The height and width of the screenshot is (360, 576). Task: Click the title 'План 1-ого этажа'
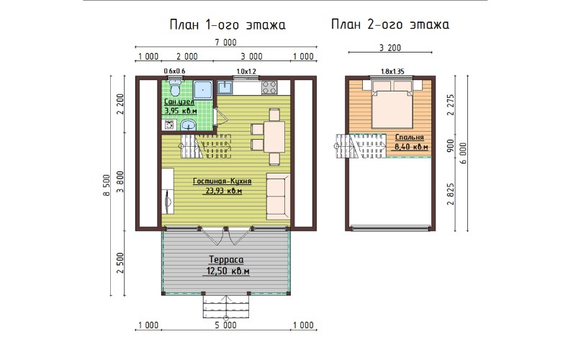[228, 25]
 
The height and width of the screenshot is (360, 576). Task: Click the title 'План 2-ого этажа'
[390, 24]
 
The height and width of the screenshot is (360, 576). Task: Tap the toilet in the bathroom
[175, 87]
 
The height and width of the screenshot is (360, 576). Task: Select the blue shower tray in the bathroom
[203, 90]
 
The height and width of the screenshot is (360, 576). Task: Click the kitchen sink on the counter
[225, 87]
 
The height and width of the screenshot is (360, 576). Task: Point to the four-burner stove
[269, 87]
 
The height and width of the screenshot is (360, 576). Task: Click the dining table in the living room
[274, 137]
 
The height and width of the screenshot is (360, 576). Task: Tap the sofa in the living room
[278, 196]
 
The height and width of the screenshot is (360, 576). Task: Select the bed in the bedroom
[392, 104]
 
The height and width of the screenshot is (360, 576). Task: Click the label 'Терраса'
[226, 260]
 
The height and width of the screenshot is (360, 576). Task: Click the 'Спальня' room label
[409, 138]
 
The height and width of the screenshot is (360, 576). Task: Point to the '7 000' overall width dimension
[225, 42]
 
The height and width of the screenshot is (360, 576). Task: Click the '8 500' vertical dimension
[107, 186]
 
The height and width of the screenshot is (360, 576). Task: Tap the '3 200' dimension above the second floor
[390, 48]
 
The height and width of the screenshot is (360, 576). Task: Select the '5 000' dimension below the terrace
[225, 325]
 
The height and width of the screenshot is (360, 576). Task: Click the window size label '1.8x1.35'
[392, 71]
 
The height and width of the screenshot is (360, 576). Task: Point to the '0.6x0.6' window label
[174, 71]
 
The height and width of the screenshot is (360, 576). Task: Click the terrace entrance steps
[226, 307]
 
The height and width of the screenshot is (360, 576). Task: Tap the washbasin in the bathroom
[189, 125]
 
